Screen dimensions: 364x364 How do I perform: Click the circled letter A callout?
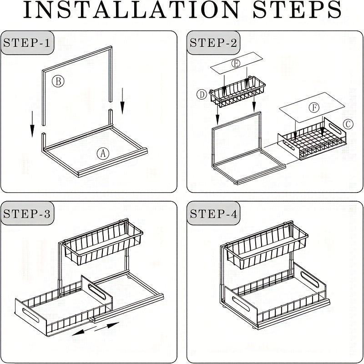point(103,153)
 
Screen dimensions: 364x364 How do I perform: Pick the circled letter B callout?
point(58,81)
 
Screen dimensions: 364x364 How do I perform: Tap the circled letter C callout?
point(348,124)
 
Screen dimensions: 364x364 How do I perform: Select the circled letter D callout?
point(202,95)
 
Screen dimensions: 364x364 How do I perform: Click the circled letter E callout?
point(235,64)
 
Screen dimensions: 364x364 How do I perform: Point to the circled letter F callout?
point(313,108)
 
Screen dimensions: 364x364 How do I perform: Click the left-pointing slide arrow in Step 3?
point(82,332)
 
